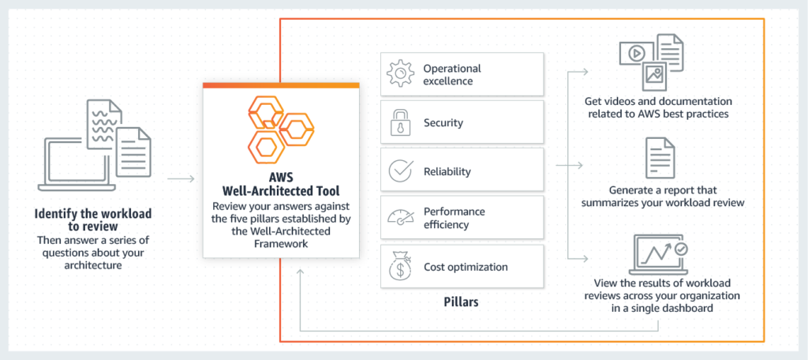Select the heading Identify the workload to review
93,219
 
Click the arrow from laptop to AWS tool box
181,178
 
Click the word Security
443,123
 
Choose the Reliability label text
447,171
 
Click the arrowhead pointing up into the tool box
300,273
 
